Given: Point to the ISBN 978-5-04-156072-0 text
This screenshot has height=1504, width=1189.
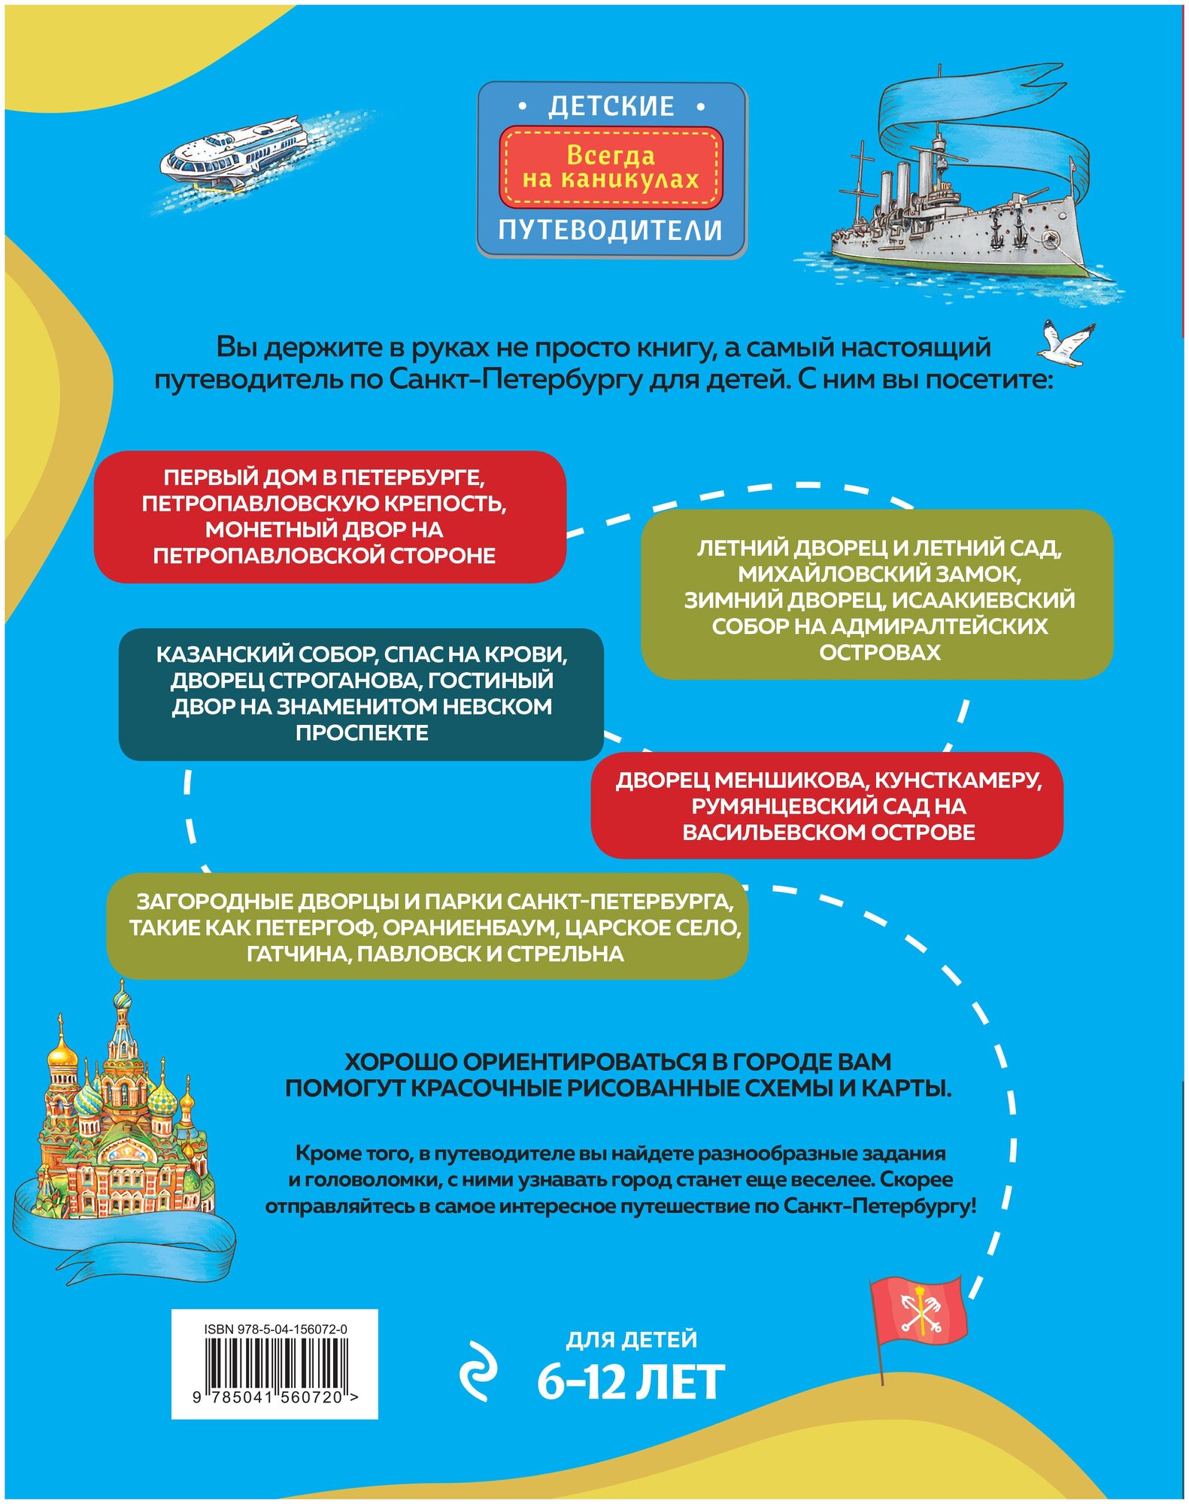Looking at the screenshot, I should coord(275,1329).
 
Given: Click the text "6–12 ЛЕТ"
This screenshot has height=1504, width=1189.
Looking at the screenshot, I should coord(630,1382).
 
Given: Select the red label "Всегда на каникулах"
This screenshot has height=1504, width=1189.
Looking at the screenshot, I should coord(611,167).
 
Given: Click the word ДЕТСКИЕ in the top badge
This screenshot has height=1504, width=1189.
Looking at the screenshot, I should coord(611,106).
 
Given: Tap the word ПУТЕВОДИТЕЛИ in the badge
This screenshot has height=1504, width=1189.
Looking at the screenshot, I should coord(611,230).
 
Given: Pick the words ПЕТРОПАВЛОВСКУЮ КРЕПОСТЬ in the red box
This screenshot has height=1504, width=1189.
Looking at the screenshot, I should coord(324,503).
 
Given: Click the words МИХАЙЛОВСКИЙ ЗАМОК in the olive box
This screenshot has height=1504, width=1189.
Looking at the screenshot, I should coord(878,574).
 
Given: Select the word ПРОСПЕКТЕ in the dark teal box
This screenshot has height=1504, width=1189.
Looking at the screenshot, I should coord(362,732).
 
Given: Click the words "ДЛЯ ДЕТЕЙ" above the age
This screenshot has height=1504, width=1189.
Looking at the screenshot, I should coord(631,1339).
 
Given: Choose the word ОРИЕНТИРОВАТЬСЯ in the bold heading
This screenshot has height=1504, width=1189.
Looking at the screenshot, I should coord(584,1061).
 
